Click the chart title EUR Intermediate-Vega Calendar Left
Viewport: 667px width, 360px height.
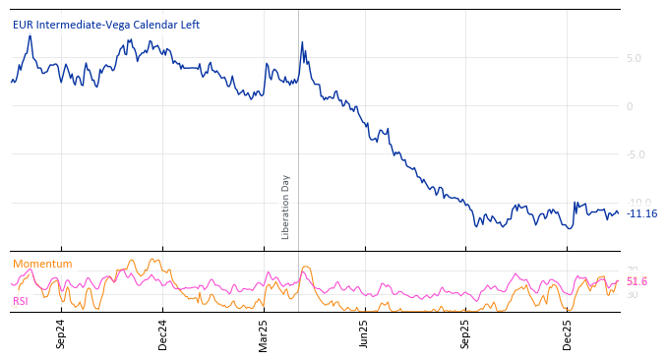coord(106,25)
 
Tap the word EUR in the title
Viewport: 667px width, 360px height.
coord(24,25)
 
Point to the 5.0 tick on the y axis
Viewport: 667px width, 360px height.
coord(634,58)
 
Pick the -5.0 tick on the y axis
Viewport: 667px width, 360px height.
coord(636,154)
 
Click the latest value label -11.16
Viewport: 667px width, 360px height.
coord(642,213)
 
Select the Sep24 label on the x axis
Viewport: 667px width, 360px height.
coord(61,333)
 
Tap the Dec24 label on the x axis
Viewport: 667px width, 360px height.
coord(162,333)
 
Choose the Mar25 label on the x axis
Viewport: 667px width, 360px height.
coord(264,333)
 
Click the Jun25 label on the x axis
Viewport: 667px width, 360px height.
coord(364,333)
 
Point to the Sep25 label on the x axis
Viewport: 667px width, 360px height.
coord(465,333)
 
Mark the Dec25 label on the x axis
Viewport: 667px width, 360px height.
coord(567,333)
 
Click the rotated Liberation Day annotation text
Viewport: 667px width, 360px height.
coord(286,207)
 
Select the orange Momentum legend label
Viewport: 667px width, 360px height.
coord(42,264)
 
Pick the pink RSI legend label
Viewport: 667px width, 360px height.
coord(21,301)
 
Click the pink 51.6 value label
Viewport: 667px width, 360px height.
coord(637,281)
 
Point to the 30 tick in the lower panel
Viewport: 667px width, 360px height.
coord(633,295)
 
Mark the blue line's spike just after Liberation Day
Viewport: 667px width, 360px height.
coord(301,43)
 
